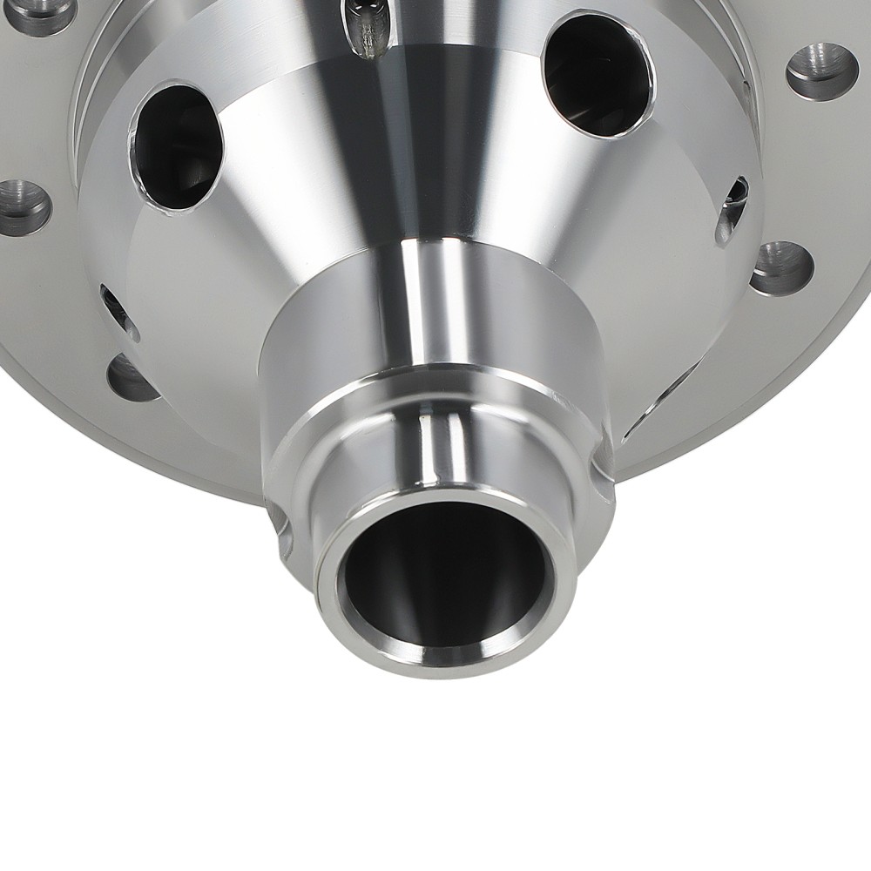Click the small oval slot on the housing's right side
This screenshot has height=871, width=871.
point(732,209)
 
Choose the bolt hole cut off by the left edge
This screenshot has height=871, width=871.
point(22,206)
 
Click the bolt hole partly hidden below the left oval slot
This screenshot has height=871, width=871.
point(131,380)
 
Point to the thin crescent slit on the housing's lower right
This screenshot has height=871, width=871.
point(662,401)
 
